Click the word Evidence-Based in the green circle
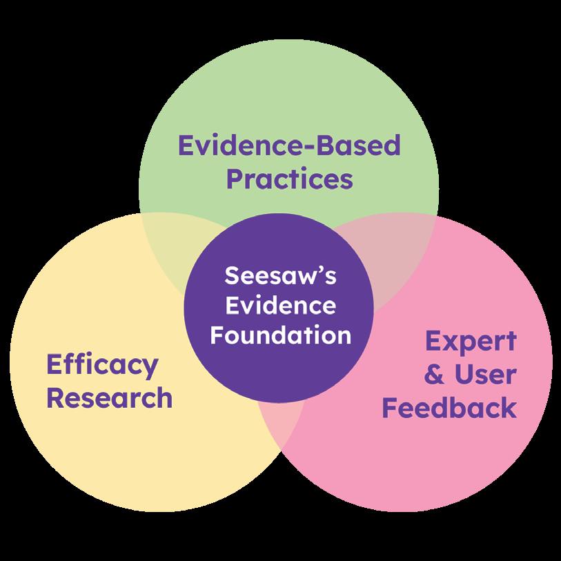[289, 146]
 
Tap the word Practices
[289, 179]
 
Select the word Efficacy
[101, 365]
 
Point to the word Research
[108, 398]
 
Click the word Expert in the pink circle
[470, 342]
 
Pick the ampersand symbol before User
[433, 375]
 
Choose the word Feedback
[449, 408]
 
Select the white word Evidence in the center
[280, 306]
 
